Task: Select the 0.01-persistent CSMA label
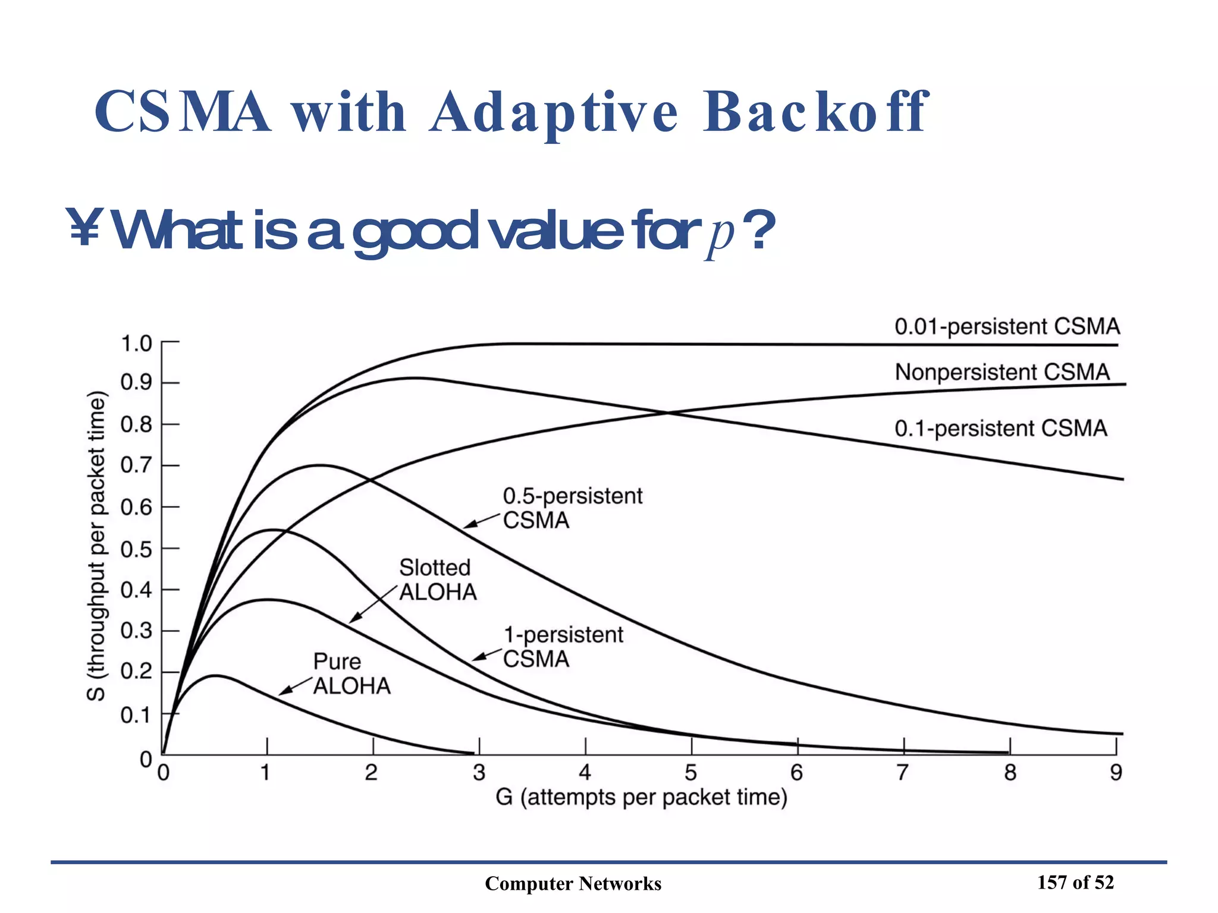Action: [x=1007, y=326]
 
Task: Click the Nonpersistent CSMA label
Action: [x=1002, y=372]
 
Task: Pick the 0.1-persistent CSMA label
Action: [x=1001, y=428]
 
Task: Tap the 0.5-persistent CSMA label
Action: [x=572, y=508]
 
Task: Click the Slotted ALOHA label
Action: [x=438, y=580]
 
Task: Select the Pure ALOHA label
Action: [x=351, y=673]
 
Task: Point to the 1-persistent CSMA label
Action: [x=563, y=647]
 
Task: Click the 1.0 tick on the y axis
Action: [x=136, y=344]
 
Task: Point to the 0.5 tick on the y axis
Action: [x=136, y=549]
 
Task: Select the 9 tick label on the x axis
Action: [x=1116, y=773]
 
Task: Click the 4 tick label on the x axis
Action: [x=585, y=773]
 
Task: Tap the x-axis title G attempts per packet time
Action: [x=641, y=797]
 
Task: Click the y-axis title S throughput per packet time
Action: [x=97, y=546]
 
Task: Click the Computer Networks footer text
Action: [x=573, y=884]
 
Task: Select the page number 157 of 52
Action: [x=1075, y=883]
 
